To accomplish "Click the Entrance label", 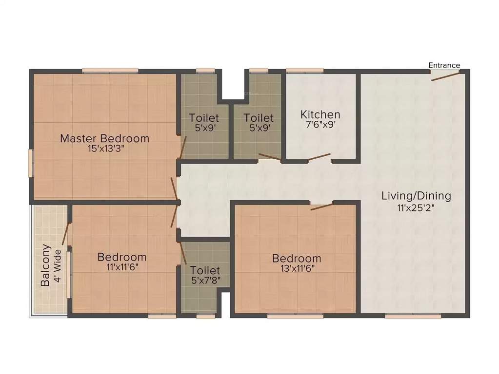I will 444,65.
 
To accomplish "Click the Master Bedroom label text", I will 104,138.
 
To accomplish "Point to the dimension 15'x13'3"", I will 104,149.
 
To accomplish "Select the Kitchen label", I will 320,115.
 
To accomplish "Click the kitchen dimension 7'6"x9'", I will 320,125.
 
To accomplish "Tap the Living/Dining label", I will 416,196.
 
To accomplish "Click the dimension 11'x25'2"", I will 416,207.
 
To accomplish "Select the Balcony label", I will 45,265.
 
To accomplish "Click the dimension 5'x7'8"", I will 205,280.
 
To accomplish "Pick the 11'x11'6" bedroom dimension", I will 121,267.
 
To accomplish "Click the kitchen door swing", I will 319,158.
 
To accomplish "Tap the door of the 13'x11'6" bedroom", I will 321,207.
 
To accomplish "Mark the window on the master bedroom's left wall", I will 31,163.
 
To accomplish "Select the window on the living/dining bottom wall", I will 413,317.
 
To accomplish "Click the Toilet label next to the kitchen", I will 259,118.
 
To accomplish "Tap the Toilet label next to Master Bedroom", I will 204,118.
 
